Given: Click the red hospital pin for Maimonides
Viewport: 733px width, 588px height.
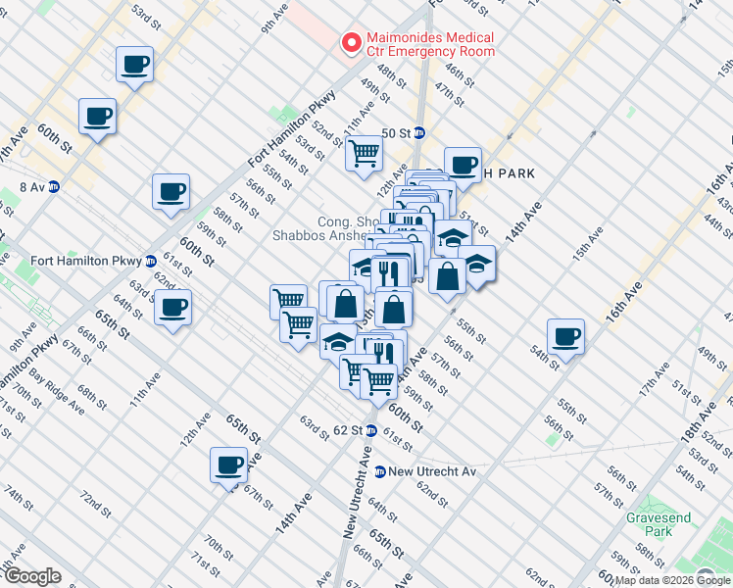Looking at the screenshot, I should [x=348, y=43].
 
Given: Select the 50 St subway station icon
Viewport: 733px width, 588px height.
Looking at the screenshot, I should [x=419, y=133].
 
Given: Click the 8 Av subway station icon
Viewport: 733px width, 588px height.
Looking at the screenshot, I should [x=55, y=186].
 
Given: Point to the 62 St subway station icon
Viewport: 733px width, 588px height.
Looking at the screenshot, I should [x=371, y=430].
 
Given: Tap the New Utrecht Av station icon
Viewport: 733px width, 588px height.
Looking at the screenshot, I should [x=378, y=471].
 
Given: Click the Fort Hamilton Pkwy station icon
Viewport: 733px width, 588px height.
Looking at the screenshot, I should [x=151, y=261].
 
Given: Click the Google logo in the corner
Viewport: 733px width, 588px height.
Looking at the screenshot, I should [x=31, y=577].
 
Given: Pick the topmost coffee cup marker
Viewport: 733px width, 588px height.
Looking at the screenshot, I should [x=133, y=66].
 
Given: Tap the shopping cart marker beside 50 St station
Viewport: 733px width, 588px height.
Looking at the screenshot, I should [x=364, y=153].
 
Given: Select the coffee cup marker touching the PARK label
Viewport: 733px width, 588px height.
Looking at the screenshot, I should [x=463, y=165].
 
